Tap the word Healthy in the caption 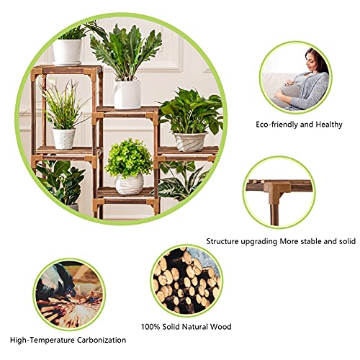pyautogui.click(x=329, y=125)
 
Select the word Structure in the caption pyautogui.click(x=222, y=241)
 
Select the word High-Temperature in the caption pyautogui.click(x=42, y=340)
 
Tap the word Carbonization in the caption pyautogui.click(x=102, y=340)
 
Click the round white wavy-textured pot pyautogui.click(x=130, y=184)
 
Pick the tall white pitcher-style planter pyautogui.click(x=127, y=94)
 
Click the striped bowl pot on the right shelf pyautogui.click(x=190, y=142)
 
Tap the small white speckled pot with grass pyautogui.click(x=63, y=138)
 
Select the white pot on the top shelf pyautogui.click(x=67, y=53)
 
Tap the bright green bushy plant pyautogui.click(x=129, y=158)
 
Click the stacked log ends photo pyautogui.click(x=186, y=281)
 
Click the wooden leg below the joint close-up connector pyautogui.click(x=274, y=215)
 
